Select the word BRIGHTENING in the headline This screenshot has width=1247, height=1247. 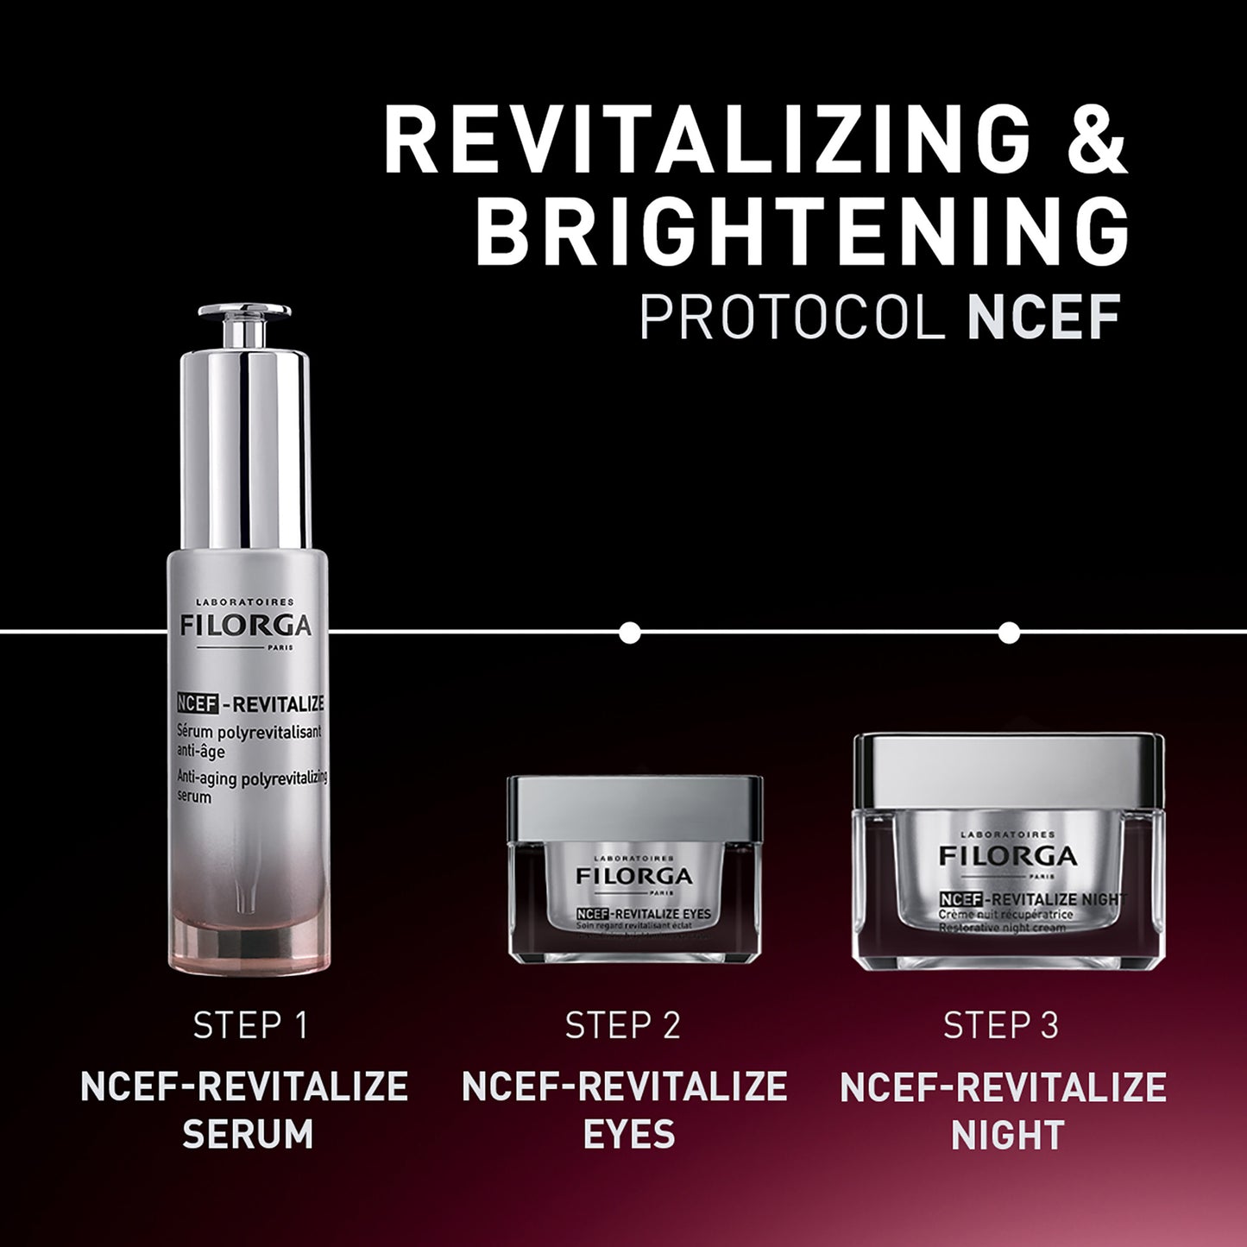802,234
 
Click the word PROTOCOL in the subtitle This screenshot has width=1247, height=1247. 790,317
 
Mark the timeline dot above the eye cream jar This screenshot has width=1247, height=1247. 630,633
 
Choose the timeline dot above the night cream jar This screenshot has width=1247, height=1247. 1008,633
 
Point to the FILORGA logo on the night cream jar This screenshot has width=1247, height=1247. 1008,856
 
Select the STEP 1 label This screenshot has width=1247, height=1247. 250,1025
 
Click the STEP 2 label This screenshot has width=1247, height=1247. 623,1025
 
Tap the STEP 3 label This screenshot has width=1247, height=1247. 1001,1025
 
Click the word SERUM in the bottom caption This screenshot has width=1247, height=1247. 248,1135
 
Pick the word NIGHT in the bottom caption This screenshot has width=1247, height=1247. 1007,1135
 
